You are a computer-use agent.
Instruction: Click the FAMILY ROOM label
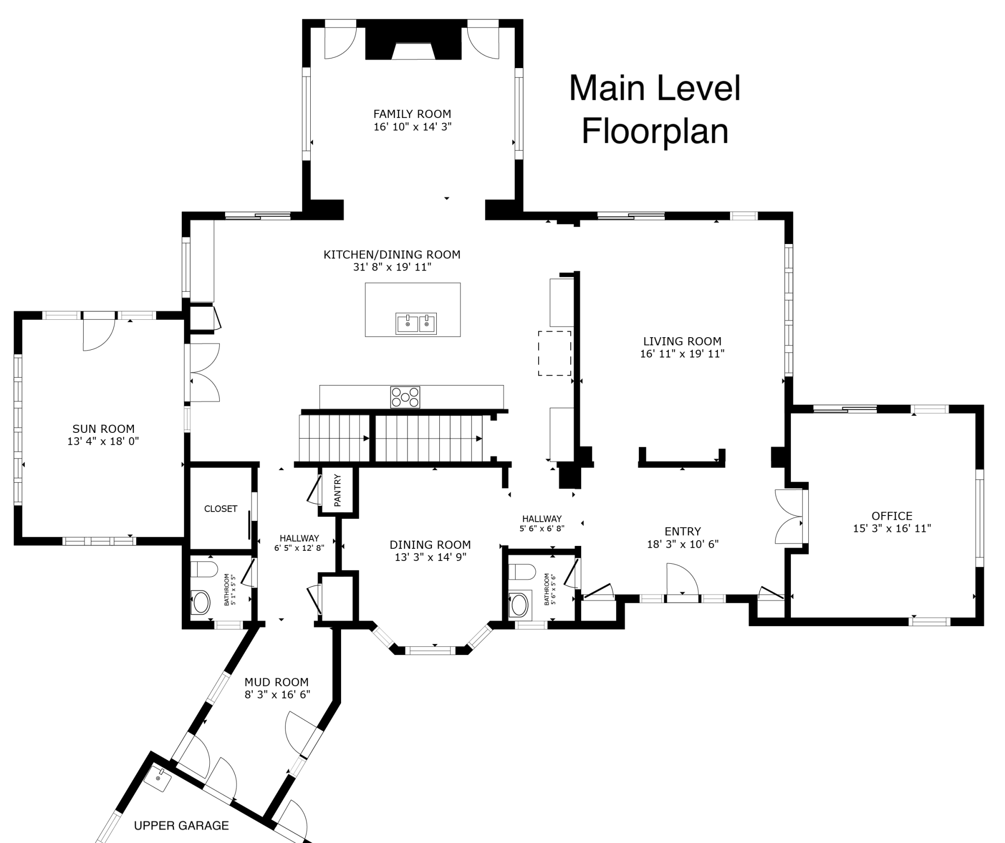click(412, 114)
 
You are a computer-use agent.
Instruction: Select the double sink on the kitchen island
click(416, 323)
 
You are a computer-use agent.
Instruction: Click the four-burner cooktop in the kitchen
click(405, 397)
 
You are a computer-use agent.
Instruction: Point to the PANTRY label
click(337, 490)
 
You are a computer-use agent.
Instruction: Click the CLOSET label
click(221, 509)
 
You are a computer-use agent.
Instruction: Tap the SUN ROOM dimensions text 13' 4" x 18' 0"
click(103, 441)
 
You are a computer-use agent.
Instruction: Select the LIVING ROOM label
click(682, 341)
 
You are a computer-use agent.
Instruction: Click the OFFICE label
click(892, 515)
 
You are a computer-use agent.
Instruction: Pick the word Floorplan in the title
click(655, 131)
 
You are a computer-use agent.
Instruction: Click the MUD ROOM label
click(276, 682)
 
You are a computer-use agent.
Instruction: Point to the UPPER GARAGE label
click(181, 826)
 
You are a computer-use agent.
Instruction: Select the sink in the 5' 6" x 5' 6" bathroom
click(520, 604)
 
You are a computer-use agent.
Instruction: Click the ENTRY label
click(683, 531)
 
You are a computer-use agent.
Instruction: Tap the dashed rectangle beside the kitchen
click(555, 353)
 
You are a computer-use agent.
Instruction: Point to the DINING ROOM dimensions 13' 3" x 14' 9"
click(431, 557)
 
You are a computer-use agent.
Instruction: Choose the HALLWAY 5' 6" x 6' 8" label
click(542, 523)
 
